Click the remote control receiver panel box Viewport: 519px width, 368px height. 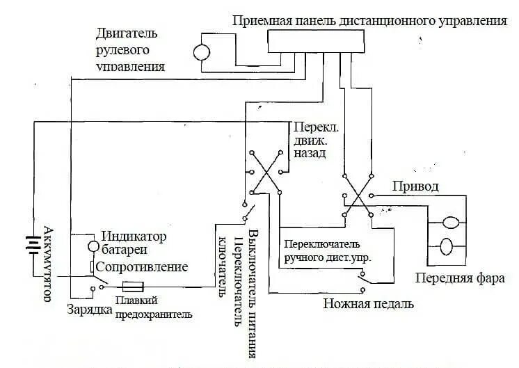315,42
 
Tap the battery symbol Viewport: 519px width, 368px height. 30,246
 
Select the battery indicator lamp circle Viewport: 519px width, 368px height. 93,246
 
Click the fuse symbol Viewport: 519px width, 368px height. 133,286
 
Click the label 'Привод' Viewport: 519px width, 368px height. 415,186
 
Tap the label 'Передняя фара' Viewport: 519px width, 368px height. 450,278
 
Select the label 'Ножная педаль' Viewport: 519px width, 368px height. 368,304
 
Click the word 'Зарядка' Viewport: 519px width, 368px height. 89,309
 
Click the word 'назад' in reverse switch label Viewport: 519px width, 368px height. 309,153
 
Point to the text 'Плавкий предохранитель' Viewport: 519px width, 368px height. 154,307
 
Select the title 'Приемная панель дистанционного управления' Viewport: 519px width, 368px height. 369,20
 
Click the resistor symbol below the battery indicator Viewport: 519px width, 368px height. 92,268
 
